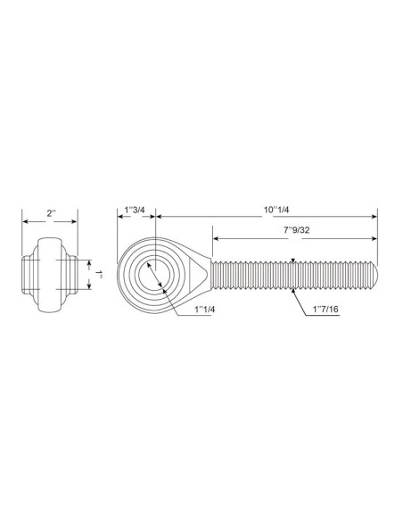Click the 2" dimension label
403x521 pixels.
(52, 213)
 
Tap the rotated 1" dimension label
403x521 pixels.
(99, 275)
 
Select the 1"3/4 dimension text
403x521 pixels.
(135, 210)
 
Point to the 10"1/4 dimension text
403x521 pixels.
(276, 210)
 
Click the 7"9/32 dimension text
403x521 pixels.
(296, 230)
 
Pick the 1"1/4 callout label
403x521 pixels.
(205, 310)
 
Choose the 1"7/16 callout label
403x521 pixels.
(325, 310)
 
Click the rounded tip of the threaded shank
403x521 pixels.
(375, 275)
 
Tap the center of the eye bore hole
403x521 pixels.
(155, 275)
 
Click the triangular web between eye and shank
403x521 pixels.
(197, 275)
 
